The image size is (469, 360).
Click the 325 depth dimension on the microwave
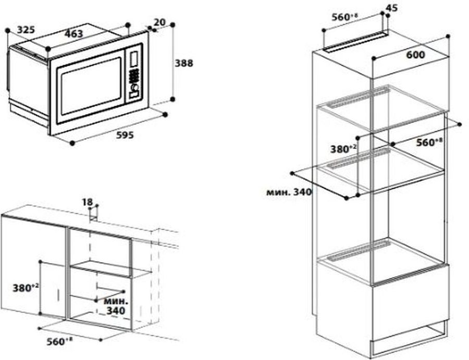[26, 30]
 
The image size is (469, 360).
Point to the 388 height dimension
[183, 63]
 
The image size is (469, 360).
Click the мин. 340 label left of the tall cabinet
[288, 192]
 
